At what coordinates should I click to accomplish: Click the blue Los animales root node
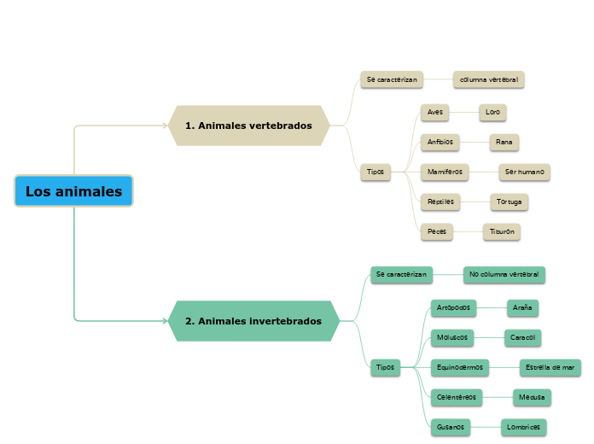pos(73,191)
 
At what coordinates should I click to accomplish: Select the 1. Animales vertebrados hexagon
pos(248,126)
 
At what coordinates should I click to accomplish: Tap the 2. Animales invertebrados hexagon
pos(253,321)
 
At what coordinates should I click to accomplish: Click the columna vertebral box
pos(488,79)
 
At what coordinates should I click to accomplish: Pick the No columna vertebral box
pos(504,275)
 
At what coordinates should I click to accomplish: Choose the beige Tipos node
pos(375,172)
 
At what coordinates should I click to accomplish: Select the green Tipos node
pos(385,367)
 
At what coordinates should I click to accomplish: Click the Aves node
pos(434,112)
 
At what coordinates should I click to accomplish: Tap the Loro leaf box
pos(492,112)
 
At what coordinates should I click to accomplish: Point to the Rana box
pos(504,142)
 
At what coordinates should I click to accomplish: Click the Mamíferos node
pos(445,172)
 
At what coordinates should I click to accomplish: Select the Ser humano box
pos(524,172)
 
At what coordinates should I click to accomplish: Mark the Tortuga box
pos(510,202)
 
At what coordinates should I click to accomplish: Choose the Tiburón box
pos(501,231)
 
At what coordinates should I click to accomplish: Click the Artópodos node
pos(454,307)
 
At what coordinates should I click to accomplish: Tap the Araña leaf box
pos(522,307)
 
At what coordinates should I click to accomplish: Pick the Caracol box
pos(522,337)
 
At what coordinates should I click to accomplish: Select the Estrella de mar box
pos(550,367)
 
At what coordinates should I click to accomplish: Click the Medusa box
pos(533,397)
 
